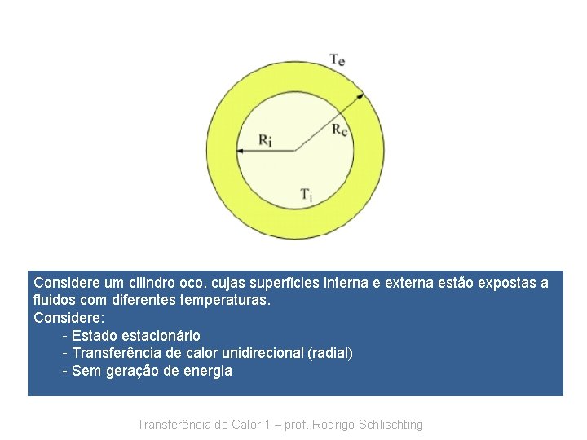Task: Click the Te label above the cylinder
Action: coord(337,59)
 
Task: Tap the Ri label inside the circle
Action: coord(266,140)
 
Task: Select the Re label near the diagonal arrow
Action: coord(341,130)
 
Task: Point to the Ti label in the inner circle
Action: coord(306,194)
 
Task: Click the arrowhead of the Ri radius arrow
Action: coord(240,151)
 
